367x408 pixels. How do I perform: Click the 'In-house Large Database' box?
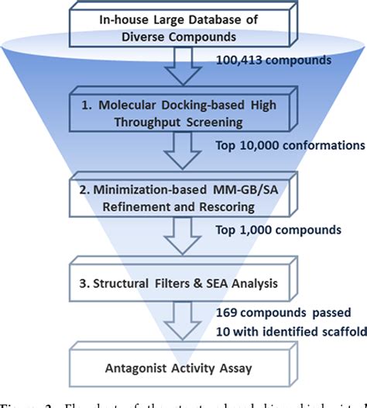[182, 29]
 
